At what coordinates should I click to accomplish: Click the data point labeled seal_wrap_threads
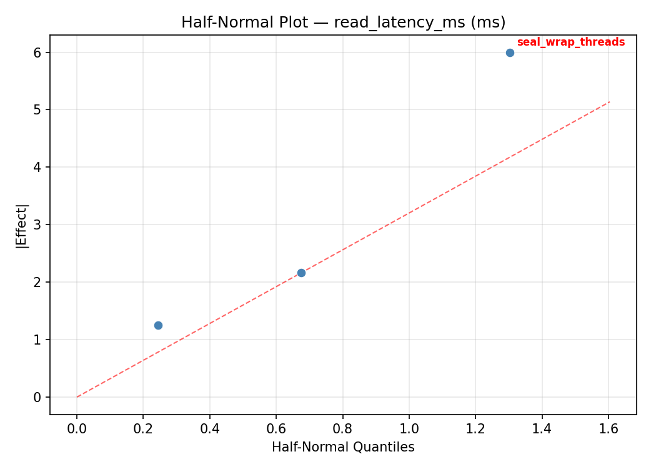click(510, 53)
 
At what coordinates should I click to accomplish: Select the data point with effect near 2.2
click(301, 273)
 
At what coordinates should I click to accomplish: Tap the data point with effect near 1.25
click(158, 325)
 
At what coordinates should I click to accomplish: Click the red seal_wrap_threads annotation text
click(570, 42)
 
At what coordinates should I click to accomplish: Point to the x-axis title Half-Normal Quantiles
click(343, 447)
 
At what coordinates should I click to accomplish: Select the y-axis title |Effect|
click(22, 225)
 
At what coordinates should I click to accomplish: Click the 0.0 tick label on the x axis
click(77, 429)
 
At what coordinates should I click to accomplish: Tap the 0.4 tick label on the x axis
click(210, 429)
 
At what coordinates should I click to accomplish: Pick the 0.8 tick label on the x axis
click(343, 429)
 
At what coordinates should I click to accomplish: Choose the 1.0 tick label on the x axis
click(409, 429)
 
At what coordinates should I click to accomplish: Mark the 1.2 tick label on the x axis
click(475, 429)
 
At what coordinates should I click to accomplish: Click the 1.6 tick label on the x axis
click(609, 429)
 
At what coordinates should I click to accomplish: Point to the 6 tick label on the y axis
click(37, 53)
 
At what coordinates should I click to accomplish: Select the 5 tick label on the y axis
click(37, 110)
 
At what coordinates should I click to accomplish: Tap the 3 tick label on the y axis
click(37, 224)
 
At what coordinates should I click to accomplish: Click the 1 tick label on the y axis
click(37, 340)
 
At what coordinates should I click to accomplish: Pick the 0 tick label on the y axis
click(37, 397)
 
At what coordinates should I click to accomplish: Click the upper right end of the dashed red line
click(609, 102)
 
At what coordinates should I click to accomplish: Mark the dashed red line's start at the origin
click(77, 397)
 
